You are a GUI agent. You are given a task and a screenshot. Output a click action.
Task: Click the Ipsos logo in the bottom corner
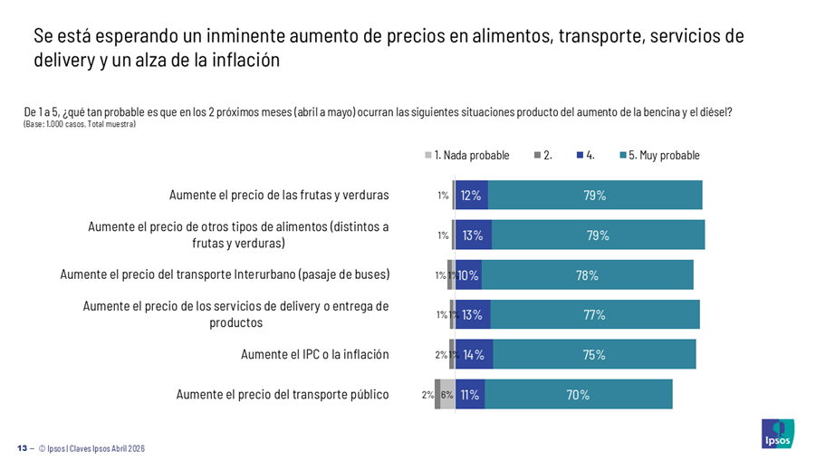click(x=777, y=433)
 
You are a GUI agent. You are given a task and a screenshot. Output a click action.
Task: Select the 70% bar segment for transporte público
click(x=578, y=394)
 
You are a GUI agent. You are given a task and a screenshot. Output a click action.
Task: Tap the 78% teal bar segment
click(x=586, y=275)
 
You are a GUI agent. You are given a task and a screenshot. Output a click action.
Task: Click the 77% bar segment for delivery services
click(x=593, y=315)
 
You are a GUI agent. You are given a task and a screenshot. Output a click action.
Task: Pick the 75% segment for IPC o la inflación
click(x=593, y=354)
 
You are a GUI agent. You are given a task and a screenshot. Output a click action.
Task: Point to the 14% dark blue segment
click(x=474, y=354)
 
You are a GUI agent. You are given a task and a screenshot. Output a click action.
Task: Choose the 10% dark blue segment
click(x=467, y=275)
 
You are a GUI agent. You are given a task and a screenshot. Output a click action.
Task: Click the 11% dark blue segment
click(x=469, y=394)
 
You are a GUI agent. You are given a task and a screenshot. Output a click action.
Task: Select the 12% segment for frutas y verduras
click(x=471, y=196)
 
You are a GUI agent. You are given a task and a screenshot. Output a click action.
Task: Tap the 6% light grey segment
click(x=447, y=394)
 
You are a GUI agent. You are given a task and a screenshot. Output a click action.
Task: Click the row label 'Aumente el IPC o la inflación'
click(x=314, y=354)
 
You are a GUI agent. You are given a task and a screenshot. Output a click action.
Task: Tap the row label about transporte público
click(x=283, y=394)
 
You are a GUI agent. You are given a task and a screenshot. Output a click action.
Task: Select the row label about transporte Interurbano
click(x=225, y=274)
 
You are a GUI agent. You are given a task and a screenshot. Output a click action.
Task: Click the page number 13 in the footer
click(x=22, y=448)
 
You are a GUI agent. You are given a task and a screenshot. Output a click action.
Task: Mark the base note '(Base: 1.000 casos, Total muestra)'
click(x=80, y=124)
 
